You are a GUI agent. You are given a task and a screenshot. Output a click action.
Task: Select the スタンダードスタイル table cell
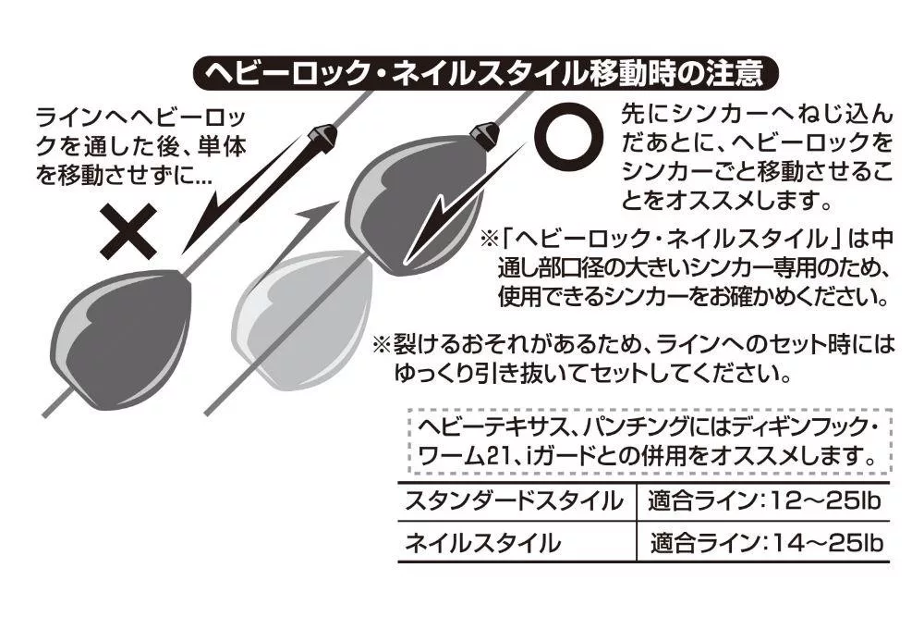[x=513, y=501]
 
